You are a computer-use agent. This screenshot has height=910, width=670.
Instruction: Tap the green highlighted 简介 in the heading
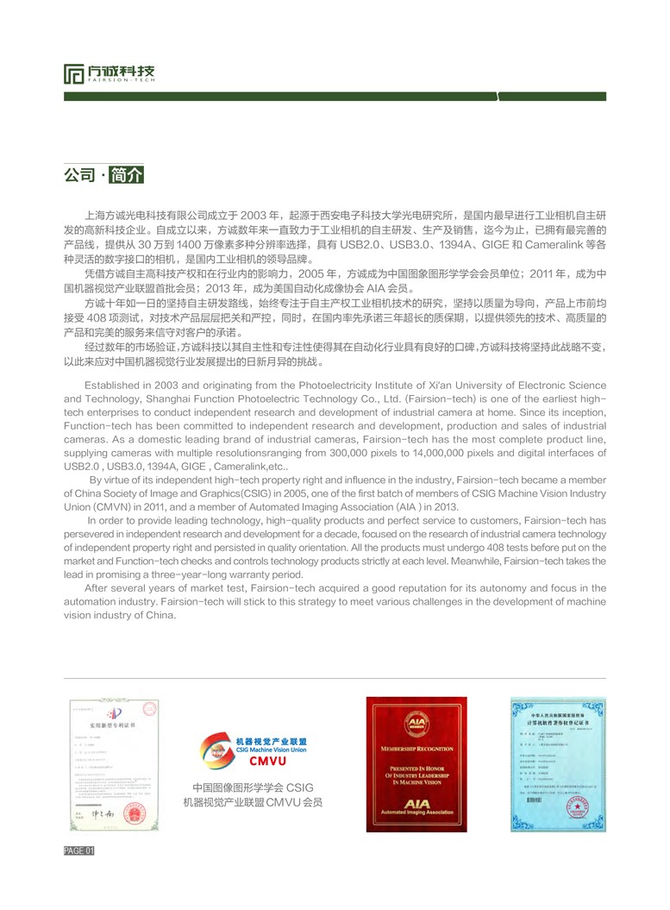(128, 174)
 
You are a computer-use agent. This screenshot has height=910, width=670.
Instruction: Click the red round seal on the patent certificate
(135, 813)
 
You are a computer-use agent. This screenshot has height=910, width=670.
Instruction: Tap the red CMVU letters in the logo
(266, 761)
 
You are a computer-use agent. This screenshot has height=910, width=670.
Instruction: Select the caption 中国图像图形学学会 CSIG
(253, 788)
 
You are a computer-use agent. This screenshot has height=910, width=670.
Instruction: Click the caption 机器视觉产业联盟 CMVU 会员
(253, 802)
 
